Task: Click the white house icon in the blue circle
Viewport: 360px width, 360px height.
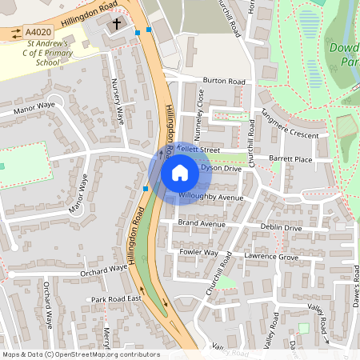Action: (x=179, y=172)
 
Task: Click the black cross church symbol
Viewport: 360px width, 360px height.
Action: (x=116, y=24)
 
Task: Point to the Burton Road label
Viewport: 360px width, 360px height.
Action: (x=224, y=81)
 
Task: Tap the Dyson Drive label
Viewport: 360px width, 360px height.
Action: (x=221, y=168)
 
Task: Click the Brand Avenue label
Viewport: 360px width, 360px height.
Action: (x=202, y=223)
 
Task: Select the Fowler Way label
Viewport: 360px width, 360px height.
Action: (x=198, y=252)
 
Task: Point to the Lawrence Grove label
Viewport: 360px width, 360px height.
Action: (x=270, y=257)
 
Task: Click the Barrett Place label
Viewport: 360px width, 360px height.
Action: (x=290, y=159)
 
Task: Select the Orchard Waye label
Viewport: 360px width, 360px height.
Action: (x=102, y=271)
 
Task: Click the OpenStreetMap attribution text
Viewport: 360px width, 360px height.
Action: (x=81, y=354)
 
